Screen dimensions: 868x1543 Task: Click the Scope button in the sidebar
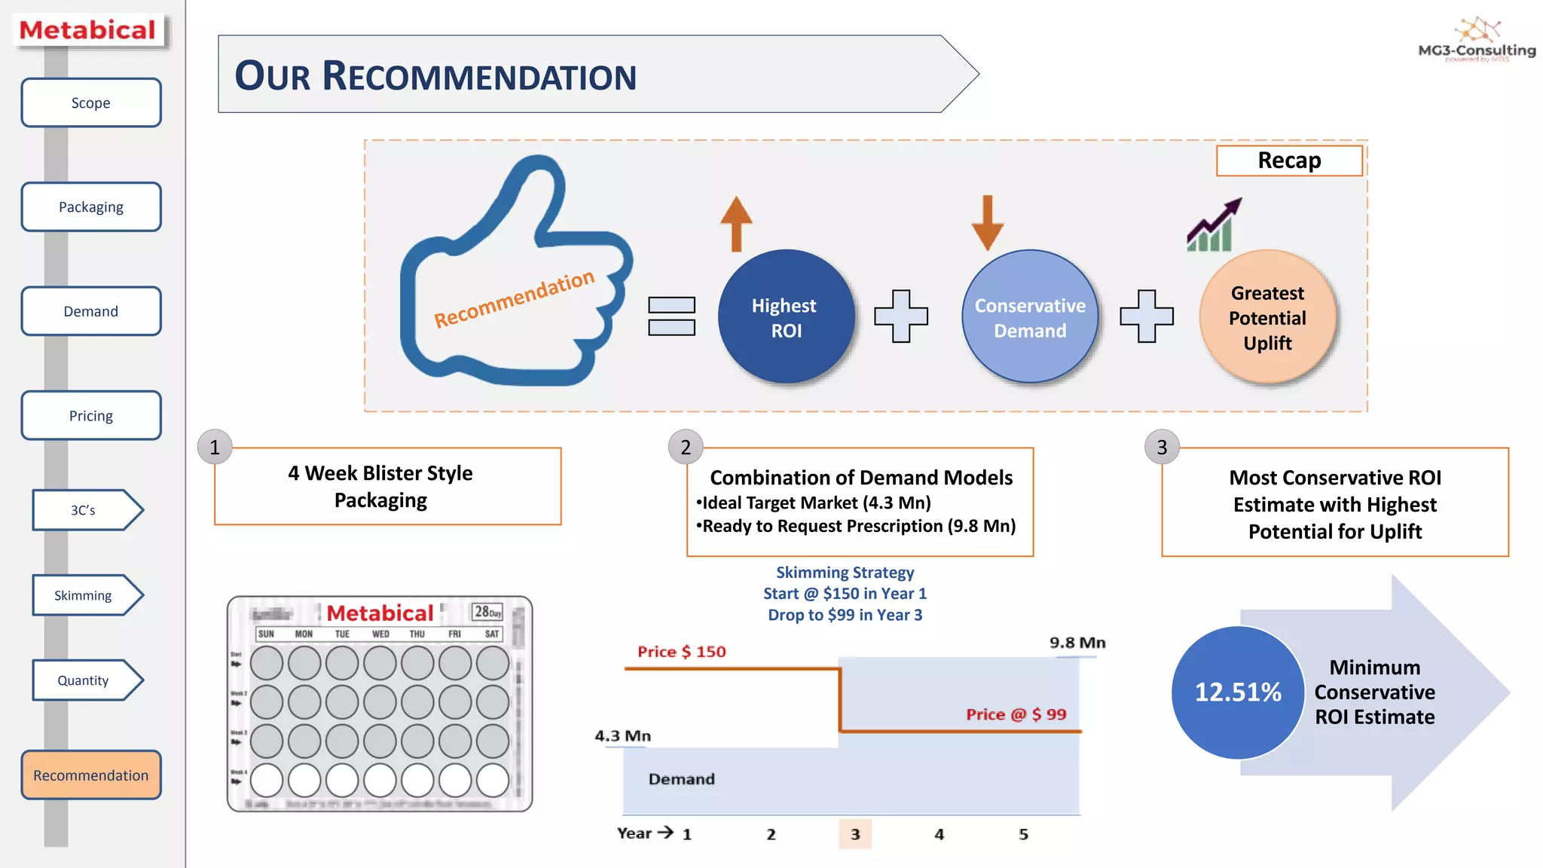pyautogui.click(x=90, y=102)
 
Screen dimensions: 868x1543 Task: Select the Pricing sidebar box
pyautogui.click(x=90, y=415)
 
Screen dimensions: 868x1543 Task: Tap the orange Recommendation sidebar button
pyautogui.click(x=90, y=775)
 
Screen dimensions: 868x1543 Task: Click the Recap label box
pyautogui.click(x=1288, y=160)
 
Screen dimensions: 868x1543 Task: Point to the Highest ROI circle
pyautogui.click(x=785, y=317)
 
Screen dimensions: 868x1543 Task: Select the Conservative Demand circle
pyautogui.click(x=1029, y=317)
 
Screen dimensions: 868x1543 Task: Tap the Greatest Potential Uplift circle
pyautogui.click(x=1267, y=317)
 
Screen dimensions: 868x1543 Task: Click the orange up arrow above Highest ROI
pyautogui.click(x=736, y=224)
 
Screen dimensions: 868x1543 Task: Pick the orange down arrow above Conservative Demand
pyautogui.click(x=987, y=223)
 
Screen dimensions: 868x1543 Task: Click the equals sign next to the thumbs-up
pyautogui.click(x=671, y=316)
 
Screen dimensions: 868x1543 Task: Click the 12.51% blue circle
pyautogui.click(x=1237, y=692)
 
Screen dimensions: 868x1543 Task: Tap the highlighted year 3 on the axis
pyautogui.click(x=855, y=834)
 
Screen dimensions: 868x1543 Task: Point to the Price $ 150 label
pyautogui.click(x=681, y=652)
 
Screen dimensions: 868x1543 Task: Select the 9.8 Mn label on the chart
pyautogui.click(x=1077, y=643)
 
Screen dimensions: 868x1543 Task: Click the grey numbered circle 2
pyautogui.click(x=685, y=448)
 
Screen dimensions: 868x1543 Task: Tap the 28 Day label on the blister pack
pyautogui.click(x=487, y=612)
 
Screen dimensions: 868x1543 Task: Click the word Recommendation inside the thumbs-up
pyautogui.click(x=514, y=298)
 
